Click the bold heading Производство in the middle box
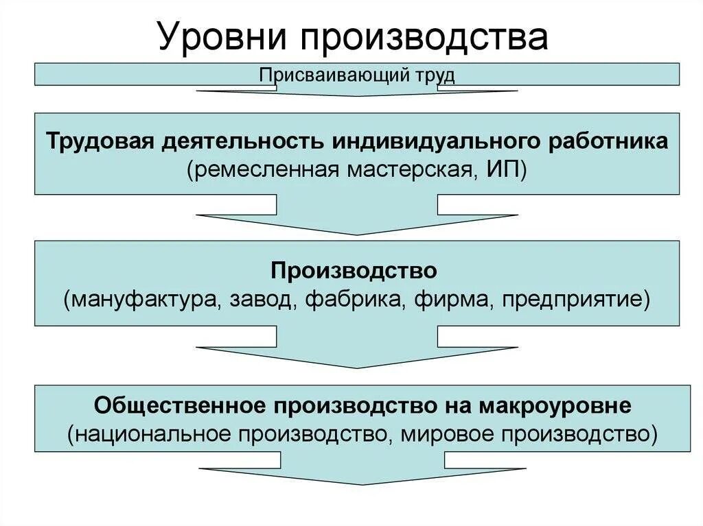click(354, 270)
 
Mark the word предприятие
click(572, 300)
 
